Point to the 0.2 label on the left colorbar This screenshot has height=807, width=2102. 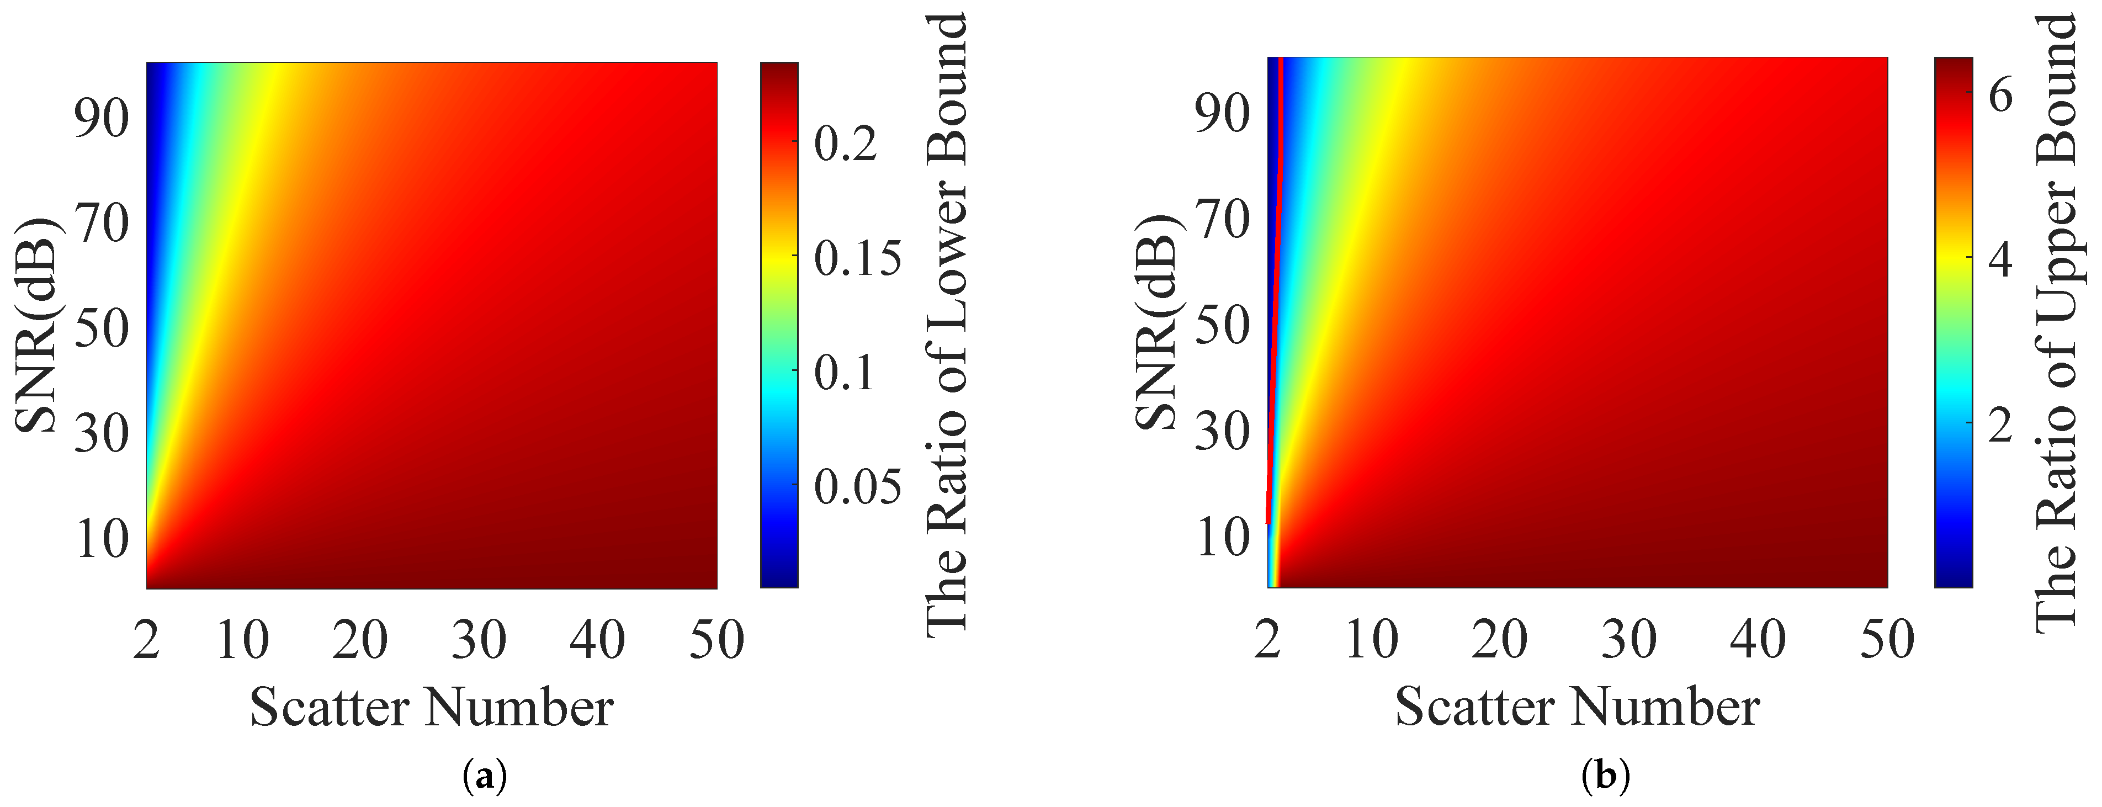(x=845, y=143)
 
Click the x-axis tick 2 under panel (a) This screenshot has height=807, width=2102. (x=146, y=640)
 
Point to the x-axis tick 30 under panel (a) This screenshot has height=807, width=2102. (x=479, y=640)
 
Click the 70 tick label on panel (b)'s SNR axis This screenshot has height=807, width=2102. (x=1222, y=220)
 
